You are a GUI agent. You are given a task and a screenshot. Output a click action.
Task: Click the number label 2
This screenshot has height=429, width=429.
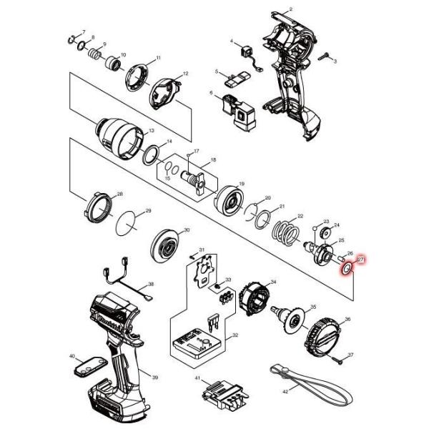point(291,9)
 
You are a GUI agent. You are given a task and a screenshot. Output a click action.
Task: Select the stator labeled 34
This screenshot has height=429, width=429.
point(256,296)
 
